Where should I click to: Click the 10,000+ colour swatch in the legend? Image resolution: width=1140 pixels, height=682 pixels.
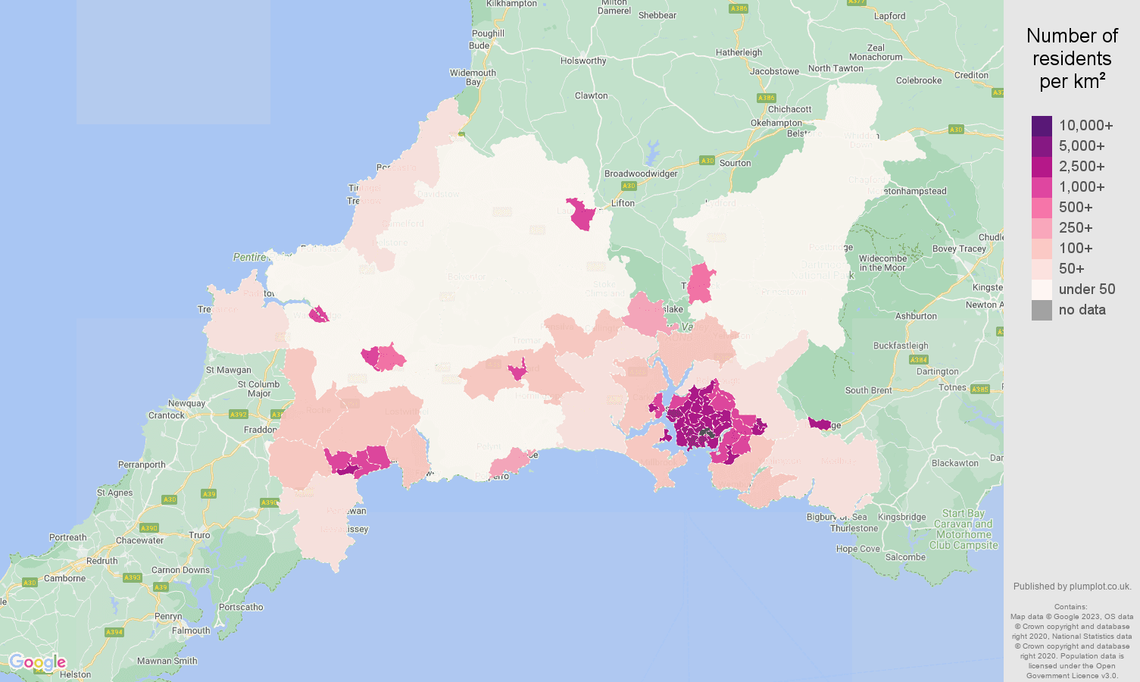click(x=1042, y=126)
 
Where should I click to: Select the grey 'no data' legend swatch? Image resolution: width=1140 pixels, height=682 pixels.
click(x=1042, y=310)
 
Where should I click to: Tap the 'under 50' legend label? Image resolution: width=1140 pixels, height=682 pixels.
click(x=1087, y=289)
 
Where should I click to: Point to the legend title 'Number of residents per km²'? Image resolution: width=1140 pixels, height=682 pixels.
click(x=1072, y=58)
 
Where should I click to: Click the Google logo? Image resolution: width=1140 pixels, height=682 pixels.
click(x=38, y=663)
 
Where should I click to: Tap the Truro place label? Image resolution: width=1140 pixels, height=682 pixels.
click(x=199, y=535)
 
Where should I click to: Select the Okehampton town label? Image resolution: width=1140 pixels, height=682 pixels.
click(x=776, y=123)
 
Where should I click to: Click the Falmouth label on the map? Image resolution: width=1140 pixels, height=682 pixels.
click(x=191, y=630)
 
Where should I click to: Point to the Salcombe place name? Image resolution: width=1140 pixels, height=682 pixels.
click(x=905, y=557)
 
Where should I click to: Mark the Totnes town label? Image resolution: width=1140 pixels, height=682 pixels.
click(x=953, y=387)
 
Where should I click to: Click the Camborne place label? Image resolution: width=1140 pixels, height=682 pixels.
click(x=65, y=578)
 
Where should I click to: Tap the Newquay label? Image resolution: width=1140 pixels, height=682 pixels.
click(x=187, y=403)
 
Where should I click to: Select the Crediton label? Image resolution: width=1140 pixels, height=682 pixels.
click(x=972, y=75)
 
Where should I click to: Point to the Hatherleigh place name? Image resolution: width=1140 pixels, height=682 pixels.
click(x=739, y=52)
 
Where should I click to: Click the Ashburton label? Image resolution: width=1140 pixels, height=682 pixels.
click(x=916, y=316)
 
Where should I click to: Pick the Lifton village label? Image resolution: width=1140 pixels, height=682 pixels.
click(x=623, y=203)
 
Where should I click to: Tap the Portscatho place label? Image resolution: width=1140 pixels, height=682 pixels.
click(x=241, y=607)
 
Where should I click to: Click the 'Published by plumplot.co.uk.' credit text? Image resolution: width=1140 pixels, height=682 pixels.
click(x=1072, y=587)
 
